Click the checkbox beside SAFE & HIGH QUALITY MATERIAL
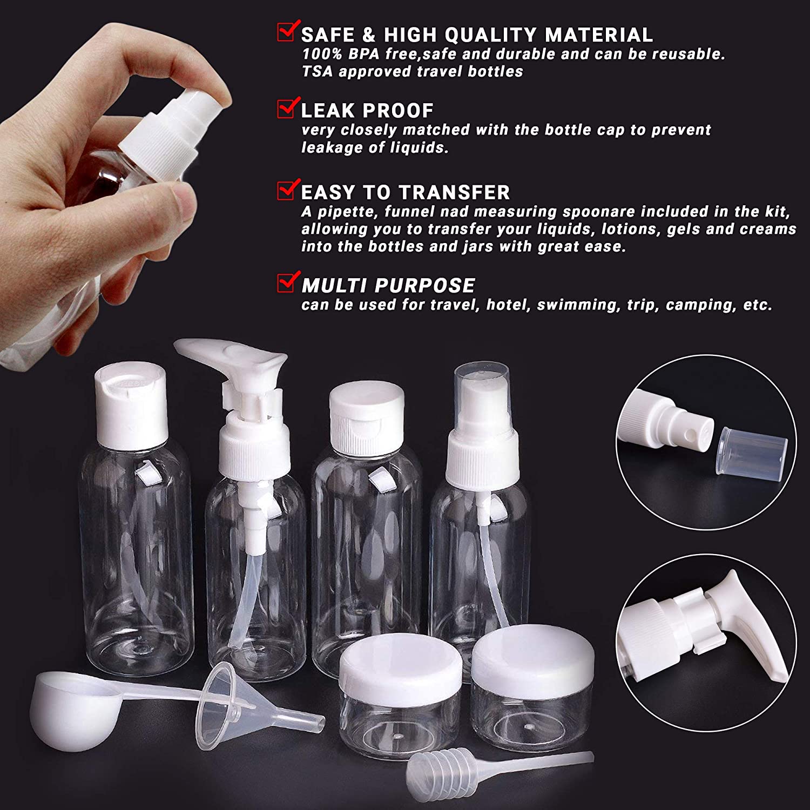[287, 32]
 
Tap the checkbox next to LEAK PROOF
[287, 108]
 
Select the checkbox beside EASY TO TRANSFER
[287, 190]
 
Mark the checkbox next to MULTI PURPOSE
[287, 283]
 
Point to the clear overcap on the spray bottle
[482, 391]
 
